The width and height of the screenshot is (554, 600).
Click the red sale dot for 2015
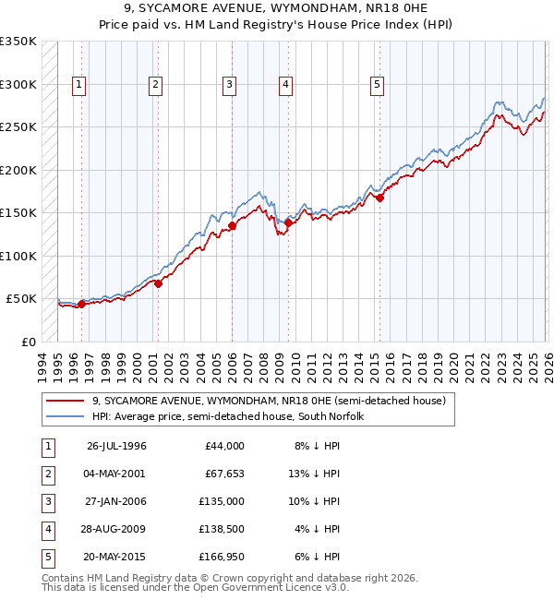[x=379, y=197]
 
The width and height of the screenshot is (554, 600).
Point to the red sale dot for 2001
[x=158, y=283]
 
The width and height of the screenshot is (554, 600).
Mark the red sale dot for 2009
[x=289, y=222]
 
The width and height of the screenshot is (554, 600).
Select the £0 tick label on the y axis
[x=27, y=342]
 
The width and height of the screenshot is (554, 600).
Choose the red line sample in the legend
[x=66, y=401]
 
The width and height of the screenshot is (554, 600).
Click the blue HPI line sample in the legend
[x=66, y=416]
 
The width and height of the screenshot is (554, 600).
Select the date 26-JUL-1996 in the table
[x=116, y=446]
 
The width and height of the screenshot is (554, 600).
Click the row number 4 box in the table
[x=46, y=529]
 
